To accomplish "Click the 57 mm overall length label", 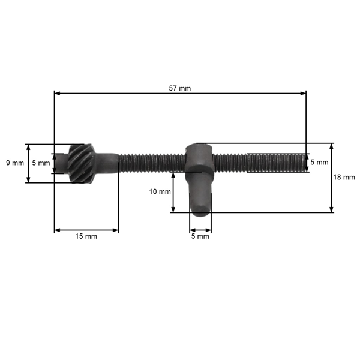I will (181, 88).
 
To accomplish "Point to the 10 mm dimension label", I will (160, 192).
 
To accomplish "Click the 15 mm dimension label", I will (86, 236).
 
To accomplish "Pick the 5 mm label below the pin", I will (200, 236).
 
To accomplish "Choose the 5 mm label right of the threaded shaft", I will (319, 163).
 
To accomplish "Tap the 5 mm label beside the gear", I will (41, 163).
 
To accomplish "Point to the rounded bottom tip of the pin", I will (200, 210).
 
